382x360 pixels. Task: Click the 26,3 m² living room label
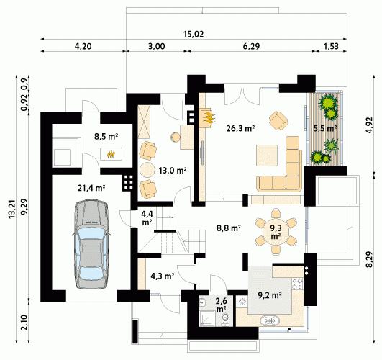point(240,128)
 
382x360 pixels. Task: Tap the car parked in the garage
point(91,244)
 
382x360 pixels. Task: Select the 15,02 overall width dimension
point(194,34)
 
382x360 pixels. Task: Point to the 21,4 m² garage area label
point(91,188)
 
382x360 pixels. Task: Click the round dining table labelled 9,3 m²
point(276,232)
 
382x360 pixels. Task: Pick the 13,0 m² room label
point(173,170)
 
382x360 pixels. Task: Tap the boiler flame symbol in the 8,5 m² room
point(112,154)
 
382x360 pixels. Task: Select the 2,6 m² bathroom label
point(221,305)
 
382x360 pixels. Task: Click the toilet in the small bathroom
point(226,320)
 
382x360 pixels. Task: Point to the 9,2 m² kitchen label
point(270,295)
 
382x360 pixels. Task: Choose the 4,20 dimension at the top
point(83,46)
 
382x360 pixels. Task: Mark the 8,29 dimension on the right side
point(370,259)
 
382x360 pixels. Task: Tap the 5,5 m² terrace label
point(325,128)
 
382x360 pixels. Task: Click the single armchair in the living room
point(278,120)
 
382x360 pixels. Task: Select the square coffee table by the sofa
point(267,156)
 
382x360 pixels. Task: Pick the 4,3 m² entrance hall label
point(163,276)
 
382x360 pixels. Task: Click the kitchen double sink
point(270,320)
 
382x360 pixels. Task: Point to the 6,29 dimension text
point(251,46)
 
